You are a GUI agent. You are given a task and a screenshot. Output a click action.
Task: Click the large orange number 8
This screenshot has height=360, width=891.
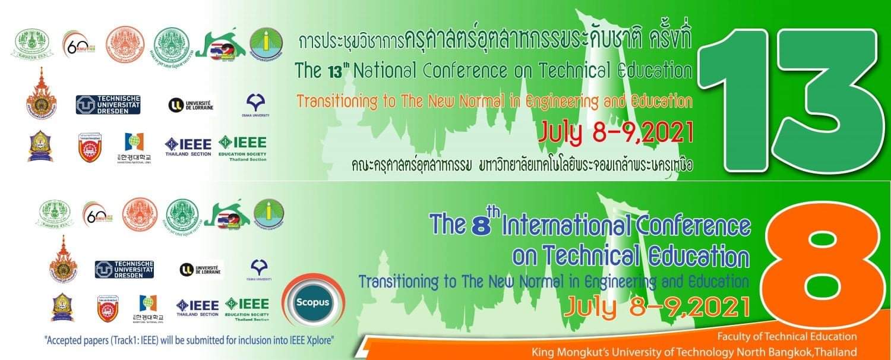pos(823,264)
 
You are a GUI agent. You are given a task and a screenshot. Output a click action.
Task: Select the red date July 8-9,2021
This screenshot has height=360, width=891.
pos(615,133)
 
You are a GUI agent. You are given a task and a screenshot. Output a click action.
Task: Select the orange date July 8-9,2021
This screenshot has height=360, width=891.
pos(656,306)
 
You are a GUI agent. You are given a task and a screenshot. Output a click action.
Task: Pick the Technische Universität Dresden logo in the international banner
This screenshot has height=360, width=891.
pos(124,269)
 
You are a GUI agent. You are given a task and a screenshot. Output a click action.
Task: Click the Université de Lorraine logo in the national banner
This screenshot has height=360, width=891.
pos(190,105)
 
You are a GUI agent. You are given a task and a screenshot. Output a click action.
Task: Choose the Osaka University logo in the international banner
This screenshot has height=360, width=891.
pos(259,269)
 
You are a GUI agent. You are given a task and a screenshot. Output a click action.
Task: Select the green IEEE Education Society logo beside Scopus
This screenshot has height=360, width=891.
pos(246,307)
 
